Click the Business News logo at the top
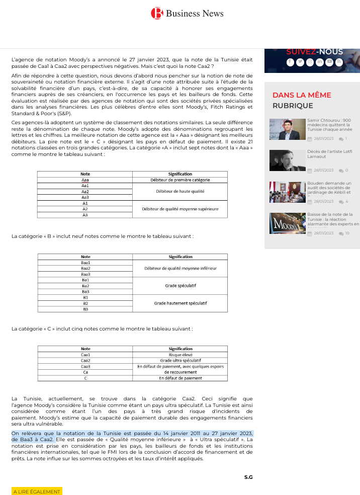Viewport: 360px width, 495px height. (187, 14)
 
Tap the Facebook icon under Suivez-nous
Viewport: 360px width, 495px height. (290, 62)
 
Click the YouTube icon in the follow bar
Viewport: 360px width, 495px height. (329, 62)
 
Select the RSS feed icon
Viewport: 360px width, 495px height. (339, 62)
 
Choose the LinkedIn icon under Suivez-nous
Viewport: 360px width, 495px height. (319, 62)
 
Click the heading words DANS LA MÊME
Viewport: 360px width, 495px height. (302, 95)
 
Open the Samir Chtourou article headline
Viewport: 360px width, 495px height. (329, 125)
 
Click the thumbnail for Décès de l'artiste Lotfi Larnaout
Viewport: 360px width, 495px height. (287, 160)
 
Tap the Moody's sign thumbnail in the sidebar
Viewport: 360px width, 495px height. (287, 223)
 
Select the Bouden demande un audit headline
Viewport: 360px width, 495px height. (329, 188)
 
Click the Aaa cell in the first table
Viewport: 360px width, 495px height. (85, 180)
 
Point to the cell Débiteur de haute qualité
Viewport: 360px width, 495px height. (180, 191)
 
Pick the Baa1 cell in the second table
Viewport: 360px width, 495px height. (85, 263)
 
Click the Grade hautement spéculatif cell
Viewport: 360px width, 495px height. (180, 303)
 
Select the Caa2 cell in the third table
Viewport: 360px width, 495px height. (85, 360)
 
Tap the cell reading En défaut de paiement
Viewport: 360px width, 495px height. (180, 378)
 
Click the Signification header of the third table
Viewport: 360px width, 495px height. (180, 349)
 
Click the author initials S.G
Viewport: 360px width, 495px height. (248, 477)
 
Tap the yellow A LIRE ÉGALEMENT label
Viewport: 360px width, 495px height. (37, 491)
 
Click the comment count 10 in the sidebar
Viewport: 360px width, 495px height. (347, 233)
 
